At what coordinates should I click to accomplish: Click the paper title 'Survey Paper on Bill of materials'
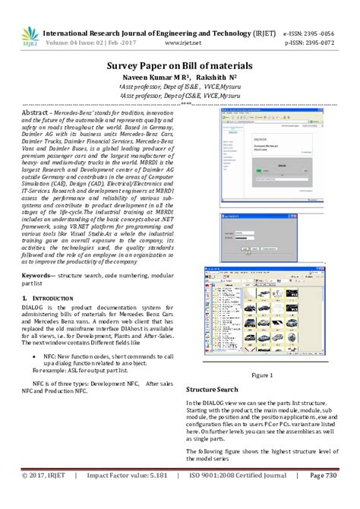click(x=180, y=66)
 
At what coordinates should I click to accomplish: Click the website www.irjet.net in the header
click(x=179, y=44)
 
